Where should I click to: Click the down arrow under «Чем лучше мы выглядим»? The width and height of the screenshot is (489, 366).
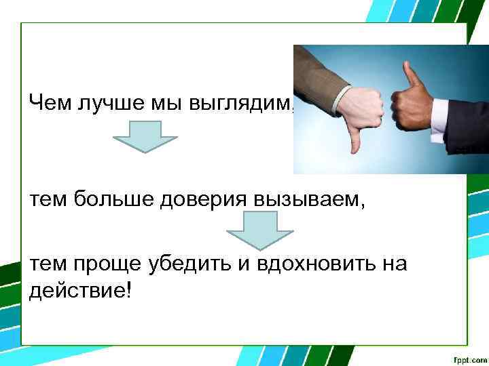pyautogui.click(x=145, y=136)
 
